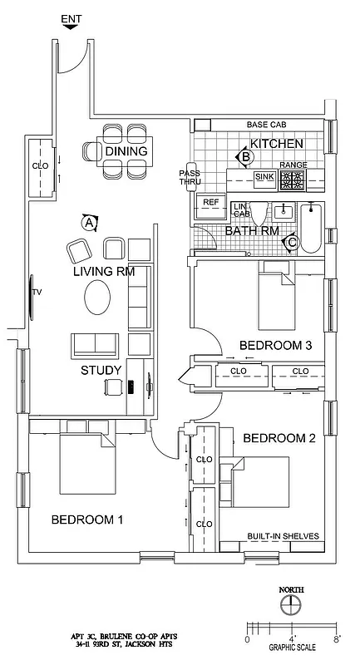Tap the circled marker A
click(89, 222)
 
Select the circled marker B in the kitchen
click(245, 155)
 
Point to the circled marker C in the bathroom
click(290, 242)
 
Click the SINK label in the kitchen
click(264, 177)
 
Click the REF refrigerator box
click(211, 202)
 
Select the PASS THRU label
click(190, 178)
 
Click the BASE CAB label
click(268, 125)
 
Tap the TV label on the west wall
click(37, 293)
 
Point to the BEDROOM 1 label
click(87, 520)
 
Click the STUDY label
click(101, 370)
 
